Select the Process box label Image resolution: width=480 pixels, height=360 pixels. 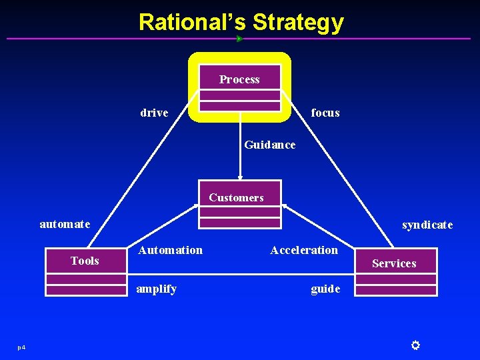click(239, 79)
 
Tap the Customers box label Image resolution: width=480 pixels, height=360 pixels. click(236, 197)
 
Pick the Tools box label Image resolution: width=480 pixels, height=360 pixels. click(85, 261)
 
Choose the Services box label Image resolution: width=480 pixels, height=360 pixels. click(394, 263)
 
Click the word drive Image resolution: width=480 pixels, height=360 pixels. click(154, 113)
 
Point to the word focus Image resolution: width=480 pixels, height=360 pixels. click(325, 113)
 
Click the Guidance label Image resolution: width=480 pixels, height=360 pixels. click(270, 145)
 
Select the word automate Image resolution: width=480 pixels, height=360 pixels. click(65, 224)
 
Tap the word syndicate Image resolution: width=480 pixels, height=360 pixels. click(427, 225)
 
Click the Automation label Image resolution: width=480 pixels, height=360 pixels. click(170, 250)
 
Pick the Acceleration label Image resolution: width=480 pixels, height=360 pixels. click(304, 250)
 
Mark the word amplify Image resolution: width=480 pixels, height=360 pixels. click(157, 289)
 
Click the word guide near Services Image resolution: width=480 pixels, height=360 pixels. click(325, 289)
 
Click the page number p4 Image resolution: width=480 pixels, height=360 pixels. click(22, 347)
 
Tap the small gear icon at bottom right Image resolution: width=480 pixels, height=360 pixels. click(415, 345)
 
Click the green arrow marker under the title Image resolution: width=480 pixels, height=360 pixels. click(239, 39)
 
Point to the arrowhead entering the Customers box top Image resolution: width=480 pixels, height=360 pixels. click(240, 178)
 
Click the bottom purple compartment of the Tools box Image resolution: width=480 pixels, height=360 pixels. click(85, 289)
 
